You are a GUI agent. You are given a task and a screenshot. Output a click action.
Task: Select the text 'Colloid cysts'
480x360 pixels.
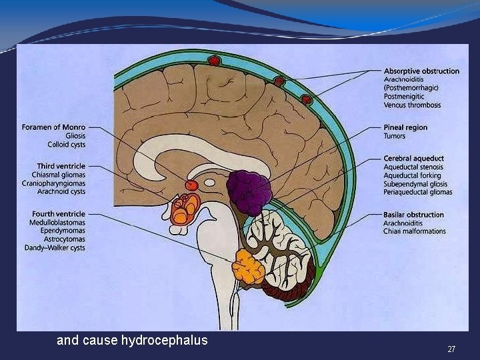click(66, 144)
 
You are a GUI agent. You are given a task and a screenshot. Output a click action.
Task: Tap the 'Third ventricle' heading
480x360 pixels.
click(62, 165)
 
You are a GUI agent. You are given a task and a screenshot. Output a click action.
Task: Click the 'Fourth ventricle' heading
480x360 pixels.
click(59, 214)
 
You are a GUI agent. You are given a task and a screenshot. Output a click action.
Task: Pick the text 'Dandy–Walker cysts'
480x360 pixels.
click(54, 249)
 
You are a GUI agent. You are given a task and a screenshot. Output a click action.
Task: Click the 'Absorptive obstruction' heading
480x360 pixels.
click(421, 71)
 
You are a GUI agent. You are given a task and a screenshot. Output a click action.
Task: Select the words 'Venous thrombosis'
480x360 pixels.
click(412, 105)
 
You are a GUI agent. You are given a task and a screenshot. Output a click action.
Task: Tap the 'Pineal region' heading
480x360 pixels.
click(405, 127)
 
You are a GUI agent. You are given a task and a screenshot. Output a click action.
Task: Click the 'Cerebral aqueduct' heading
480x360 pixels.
click(413, 158)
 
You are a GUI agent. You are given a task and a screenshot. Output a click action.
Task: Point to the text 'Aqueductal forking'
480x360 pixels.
click(412, 175)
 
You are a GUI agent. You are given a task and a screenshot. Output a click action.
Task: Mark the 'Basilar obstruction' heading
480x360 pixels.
click(413, 215)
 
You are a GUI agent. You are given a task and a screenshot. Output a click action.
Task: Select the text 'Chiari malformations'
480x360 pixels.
click(415, 232)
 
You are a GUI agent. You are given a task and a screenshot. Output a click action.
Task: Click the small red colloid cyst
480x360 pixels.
click(191, 185)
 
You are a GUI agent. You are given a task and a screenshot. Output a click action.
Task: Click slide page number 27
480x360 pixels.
click(451, 349)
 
